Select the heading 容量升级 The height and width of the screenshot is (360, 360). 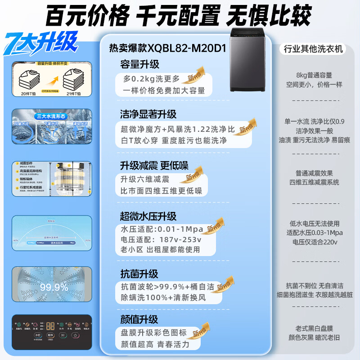[x=139, y=64]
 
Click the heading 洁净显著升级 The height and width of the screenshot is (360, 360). [x=148, y=114]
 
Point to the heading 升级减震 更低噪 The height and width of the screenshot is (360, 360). [x=153, y=165]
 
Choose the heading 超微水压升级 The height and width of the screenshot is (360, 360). [x=148, y=216]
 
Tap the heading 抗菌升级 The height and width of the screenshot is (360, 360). [x=139, y=274]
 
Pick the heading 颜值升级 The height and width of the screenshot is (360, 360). [x=139, y=319]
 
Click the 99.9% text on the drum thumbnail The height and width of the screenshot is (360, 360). [x=54, y=287]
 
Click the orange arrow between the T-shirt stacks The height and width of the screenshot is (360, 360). [x=52, y=81]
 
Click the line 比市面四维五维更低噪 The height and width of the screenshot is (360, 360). [x=161, y=190]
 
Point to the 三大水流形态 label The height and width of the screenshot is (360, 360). [x=52, y=115]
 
